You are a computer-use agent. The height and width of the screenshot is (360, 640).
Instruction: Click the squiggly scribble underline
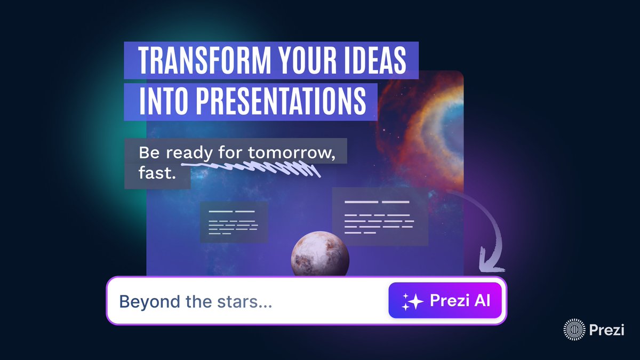pos(251,169)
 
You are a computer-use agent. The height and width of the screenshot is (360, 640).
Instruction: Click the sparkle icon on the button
pos(412,302)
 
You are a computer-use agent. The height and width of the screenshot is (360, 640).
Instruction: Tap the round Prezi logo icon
pos(574,330)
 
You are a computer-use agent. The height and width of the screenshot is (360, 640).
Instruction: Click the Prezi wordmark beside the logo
pos(606,330)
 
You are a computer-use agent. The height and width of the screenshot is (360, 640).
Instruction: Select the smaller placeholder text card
pos(234,222)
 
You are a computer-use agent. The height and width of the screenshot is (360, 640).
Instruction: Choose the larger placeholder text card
pos(380,217)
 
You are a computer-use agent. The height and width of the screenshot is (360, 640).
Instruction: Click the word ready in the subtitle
pos(189,153)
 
